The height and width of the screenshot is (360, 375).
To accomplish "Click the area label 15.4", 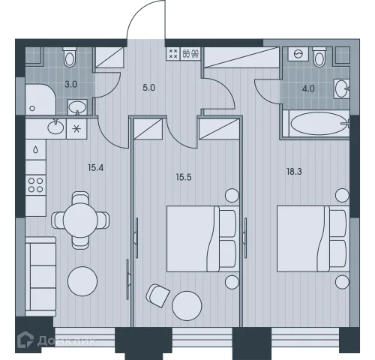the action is [x=95, y=168].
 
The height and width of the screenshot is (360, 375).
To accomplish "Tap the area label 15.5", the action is [x=184, y=177].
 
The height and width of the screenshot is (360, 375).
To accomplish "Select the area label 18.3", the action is [x=294, y=172].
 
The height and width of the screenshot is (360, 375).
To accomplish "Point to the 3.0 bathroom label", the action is [x=71, y=85].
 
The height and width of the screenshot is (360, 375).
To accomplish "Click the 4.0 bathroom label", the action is [x=308, y=88].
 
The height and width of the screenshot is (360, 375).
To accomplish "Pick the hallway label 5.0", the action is [x=149, y=88].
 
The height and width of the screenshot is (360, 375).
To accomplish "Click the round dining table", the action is [x=80, y=220].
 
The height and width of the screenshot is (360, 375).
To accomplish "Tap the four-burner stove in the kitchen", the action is [x=35, y=185].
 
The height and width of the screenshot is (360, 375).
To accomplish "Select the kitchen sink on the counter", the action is [x=55, y=127].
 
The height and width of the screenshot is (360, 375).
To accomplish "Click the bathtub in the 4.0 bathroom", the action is [x=319, y=124].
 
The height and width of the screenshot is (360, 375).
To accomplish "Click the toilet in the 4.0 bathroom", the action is [x=319, y=57].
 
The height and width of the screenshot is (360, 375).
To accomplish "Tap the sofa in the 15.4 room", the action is [x=40, y=277].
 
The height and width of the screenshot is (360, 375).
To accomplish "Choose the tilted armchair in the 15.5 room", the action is [x=157, y=295].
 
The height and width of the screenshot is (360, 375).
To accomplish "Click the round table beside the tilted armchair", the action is [x=187, y=306].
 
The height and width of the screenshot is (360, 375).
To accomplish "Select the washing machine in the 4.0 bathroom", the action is [x=298, y=54].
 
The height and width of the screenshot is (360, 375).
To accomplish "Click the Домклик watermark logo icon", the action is [x=25, y=340].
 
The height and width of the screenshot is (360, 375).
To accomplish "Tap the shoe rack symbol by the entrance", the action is [x=191, y=53].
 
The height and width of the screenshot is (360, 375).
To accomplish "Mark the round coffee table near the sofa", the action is [x=82, y=281].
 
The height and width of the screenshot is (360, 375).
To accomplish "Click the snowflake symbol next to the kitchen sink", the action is [x=76, y=129].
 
